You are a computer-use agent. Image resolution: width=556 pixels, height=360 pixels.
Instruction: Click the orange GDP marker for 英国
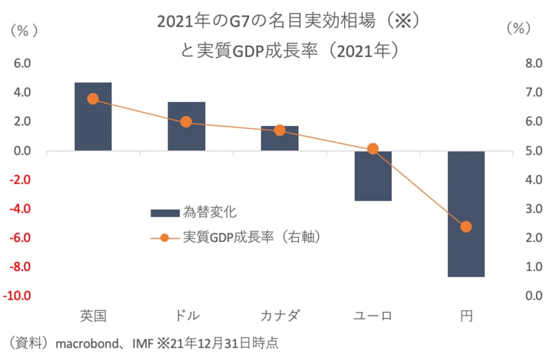point(93,99)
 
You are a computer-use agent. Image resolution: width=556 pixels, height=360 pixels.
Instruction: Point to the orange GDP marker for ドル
point(187,122)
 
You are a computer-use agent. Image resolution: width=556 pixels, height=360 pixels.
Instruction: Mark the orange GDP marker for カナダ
point(279,130)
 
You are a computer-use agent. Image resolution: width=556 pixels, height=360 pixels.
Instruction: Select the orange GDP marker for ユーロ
point(373,149)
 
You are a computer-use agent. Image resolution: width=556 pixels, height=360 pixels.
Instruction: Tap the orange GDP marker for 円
point(466,227)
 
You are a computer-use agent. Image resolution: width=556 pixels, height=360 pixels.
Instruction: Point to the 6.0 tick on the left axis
point(23,63)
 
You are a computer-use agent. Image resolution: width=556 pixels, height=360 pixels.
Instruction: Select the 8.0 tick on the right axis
point(533,63)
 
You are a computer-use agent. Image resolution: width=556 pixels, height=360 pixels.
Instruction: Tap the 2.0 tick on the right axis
point(533,238)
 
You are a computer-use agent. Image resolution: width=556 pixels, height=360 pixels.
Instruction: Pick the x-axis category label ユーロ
point(373,316)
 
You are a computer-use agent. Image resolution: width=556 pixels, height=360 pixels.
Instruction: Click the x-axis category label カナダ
point(279,316)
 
